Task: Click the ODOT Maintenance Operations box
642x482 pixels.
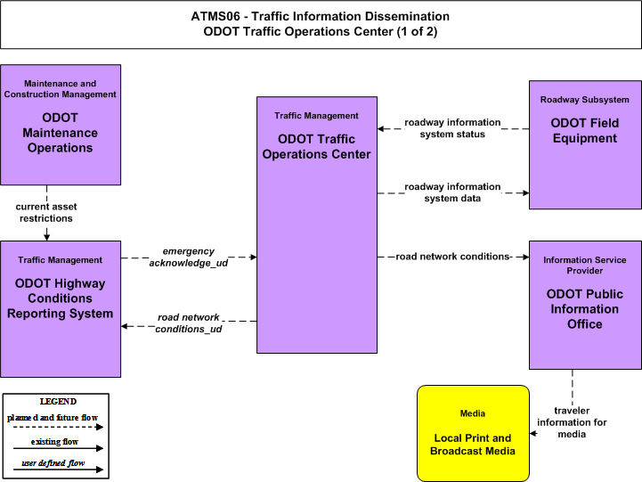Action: [61, 125]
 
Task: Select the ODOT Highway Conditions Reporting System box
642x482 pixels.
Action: [61, 309]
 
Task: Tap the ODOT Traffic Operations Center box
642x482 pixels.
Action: [317, 225]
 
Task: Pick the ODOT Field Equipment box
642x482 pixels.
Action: [585, 144]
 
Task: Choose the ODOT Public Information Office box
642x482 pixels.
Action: [585, 305]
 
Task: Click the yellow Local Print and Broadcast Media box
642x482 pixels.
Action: [473, 433]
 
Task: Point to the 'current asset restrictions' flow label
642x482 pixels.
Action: [46, 213]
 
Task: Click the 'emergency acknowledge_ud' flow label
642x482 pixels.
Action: [189, 257]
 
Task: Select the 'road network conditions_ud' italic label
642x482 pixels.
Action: [189, 323]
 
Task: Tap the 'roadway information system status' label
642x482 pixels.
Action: [452, 128]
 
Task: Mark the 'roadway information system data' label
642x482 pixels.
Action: [452, 192]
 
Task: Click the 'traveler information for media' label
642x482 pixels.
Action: [572, 422]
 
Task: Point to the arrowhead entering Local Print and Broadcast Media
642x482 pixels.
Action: [532, 433]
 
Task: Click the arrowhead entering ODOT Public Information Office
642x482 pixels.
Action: [525, 257]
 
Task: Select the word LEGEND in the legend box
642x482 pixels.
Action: [58, 401]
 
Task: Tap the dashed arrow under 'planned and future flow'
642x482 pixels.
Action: [58, 427]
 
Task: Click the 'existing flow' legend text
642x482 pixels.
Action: [54, 441]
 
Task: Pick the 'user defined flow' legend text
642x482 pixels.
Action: [53, 462]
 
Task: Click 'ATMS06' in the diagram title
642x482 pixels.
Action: [215, 16]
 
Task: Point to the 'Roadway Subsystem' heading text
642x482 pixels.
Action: [585, 100]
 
